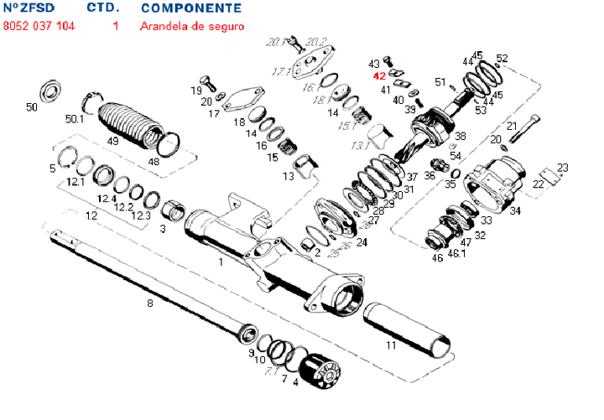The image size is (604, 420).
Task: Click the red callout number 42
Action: tap(379, 75)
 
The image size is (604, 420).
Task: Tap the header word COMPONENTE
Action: tap(190, 8)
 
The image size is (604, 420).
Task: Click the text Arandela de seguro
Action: tap(192, 26)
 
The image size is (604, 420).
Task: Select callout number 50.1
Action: tap(75, 119)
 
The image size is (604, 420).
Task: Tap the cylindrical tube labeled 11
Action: tap(406, 328)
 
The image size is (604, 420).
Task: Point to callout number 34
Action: tap(514, 210)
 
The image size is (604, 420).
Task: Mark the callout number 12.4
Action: tap(107, 199)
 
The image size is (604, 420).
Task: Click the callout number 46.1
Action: tap(457, 251)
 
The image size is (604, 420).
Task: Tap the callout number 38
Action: tap(460, 137)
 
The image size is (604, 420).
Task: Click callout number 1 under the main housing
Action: tap(220, 262)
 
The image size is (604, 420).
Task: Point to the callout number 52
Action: tap(502, 59)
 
